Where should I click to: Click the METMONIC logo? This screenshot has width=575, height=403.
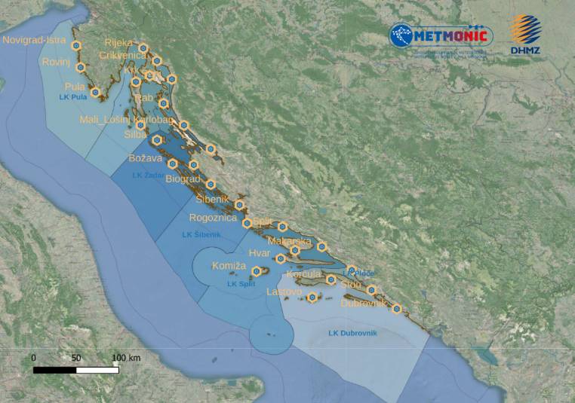pos(441,36)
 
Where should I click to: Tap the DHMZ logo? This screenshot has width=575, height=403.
pos(526,35)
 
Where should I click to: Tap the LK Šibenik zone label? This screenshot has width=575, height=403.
pos(202,235)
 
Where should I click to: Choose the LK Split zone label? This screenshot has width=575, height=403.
pos(241,284)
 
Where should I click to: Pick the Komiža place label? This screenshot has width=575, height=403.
pos(229,267)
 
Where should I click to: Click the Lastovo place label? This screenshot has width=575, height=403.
pos(284,292)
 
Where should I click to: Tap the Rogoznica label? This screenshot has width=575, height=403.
pos(214,218)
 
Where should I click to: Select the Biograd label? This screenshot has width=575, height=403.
pos(183,179)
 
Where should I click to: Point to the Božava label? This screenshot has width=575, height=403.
pos(146,159)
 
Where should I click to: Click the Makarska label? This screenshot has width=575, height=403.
pos(290,240)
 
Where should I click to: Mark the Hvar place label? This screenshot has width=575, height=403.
pos(259,254)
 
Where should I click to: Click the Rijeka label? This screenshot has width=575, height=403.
pos(118,43)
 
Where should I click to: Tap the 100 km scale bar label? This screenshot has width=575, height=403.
pos(125,357)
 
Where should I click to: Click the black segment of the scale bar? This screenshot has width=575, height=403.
pos(55,370)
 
